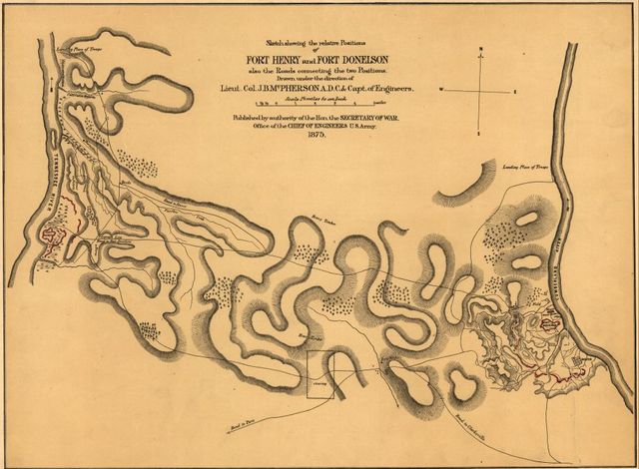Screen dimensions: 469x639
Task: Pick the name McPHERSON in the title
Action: click(335, 86)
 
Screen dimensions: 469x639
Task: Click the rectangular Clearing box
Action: click(319, 375)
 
